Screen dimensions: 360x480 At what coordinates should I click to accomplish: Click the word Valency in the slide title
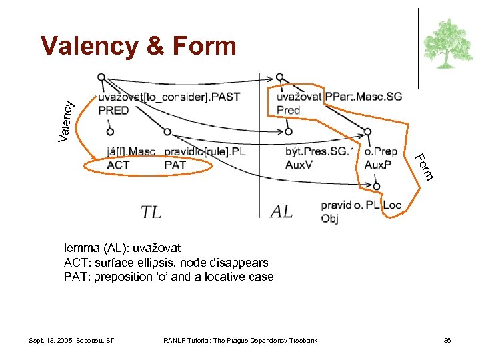click(x=89, y=46)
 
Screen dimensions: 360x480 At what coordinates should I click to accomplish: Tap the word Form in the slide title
click(x=204, y=46)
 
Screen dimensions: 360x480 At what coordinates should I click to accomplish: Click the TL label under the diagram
click(x=151, y=212)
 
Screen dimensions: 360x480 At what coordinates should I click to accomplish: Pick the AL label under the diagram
click(x=282, y=212)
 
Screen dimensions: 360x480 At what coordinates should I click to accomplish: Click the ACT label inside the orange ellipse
click(x=118, y=165)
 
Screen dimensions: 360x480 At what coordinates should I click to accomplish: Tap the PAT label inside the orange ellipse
click(x=175, y=165)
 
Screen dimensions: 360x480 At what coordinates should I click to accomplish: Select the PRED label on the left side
click(x=113, y=110)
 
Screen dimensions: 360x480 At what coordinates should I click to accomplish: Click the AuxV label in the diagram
click(x=298, y=164)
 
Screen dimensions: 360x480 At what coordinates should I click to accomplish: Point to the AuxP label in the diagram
click(x=378, y=164)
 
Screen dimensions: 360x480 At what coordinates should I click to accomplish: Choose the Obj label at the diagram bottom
click(x=329, y=218)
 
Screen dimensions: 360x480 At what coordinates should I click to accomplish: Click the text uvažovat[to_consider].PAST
click(x=169, y=97)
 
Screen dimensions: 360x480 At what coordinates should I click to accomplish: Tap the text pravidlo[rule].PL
click(x=205, y=152)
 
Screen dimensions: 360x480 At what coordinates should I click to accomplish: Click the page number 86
click(x=447, y=341)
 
